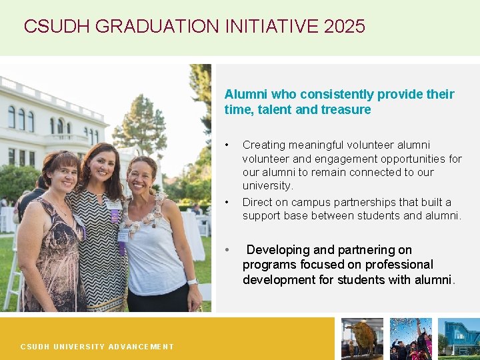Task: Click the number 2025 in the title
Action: (344, 27)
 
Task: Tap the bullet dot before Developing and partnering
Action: (227, 251)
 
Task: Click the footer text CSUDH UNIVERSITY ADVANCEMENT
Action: (97, 347)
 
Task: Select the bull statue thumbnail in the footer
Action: (362, 339)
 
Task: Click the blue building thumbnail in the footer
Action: (459, 339)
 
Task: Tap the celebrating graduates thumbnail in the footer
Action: (411, 339)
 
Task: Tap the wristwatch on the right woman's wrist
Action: (193, 282)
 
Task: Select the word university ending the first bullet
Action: (267, 185)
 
